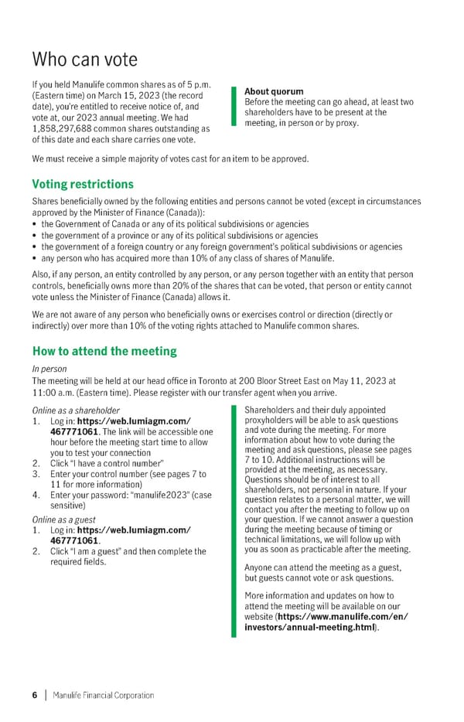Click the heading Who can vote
pos(84,60)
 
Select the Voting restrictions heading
pos(83,184)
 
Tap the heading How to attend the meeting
pos(104,351)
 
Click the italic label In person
pos(49,369)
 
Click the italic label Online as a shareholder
pos(76,410)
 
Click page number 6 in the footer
pos(35,695)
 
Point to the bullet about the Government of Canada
pos(175,224)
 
